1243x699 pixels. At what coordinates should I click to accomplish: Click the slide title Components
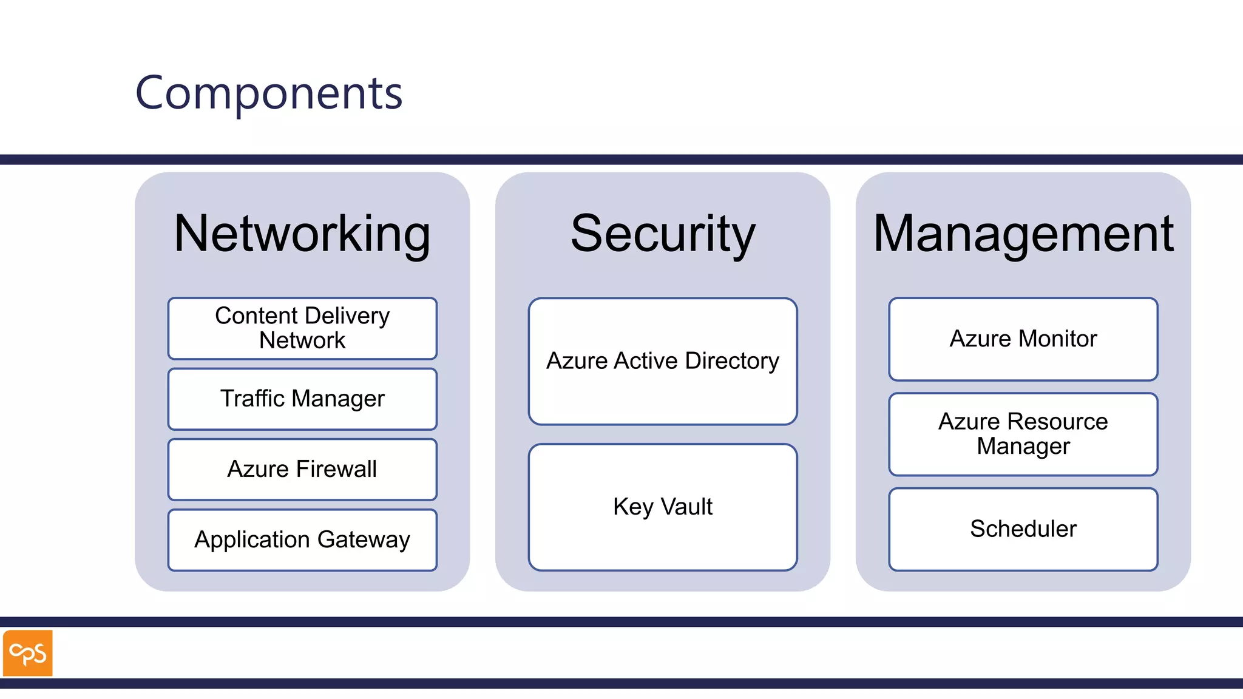coord(268,93)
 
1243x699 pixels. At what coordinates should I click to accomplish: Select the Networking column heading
coord(302,234)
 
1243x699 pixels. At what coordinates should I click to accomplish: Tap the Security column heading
coord(663,234)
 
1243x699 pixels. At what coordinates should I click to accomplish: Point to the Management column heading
coord(1023,234)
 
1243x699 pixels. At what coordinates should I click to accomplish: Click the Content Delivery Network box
coord(302,328)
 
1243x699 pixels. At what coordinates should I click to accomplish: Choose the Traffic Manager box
coord(302,399)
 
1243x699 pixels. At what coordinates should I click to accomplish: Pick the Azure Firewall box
coord(302,470)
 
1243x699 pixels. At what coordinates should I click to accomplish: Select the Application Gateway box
coord(302,540)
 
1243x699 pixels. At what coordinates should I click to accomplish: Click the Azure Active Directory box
coord(663,361)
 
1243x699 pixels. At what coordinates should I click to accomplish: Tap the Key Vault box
coord(663,507)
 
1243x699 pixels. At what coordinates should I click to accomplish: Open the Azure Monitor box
coord(1023,339)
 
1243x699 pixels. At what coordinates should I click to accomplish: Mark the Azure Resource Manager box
coord(1023,434)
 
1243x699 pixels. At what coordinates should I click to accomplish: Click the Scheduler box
coord(1023,529)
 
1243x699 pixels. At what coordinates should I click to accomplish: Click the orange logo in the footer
coord(28,653)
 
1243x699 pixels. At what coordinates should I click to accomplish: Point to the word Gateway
coord(363,540)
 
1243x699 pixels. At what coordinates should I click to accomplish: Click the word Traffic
coord(252,399)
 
